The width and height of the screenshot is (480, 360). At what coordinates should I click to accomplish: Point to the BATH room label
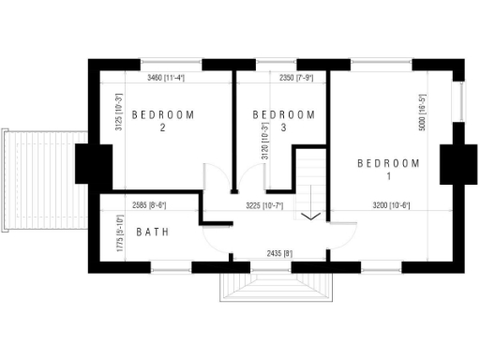point(153,232)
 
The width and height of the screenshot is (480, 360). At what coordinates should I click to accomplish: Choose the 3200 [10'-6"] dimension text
point(391,204)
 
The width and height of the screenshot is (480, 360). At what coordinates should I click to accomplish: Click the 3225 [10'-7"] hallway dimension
point(264,204)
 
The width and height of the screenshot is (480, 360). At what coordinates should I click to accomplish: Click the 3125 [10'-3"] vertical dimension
point(119,113)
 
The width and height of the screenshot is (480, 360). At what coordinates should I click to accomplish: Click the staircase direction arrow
point(311,217)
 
